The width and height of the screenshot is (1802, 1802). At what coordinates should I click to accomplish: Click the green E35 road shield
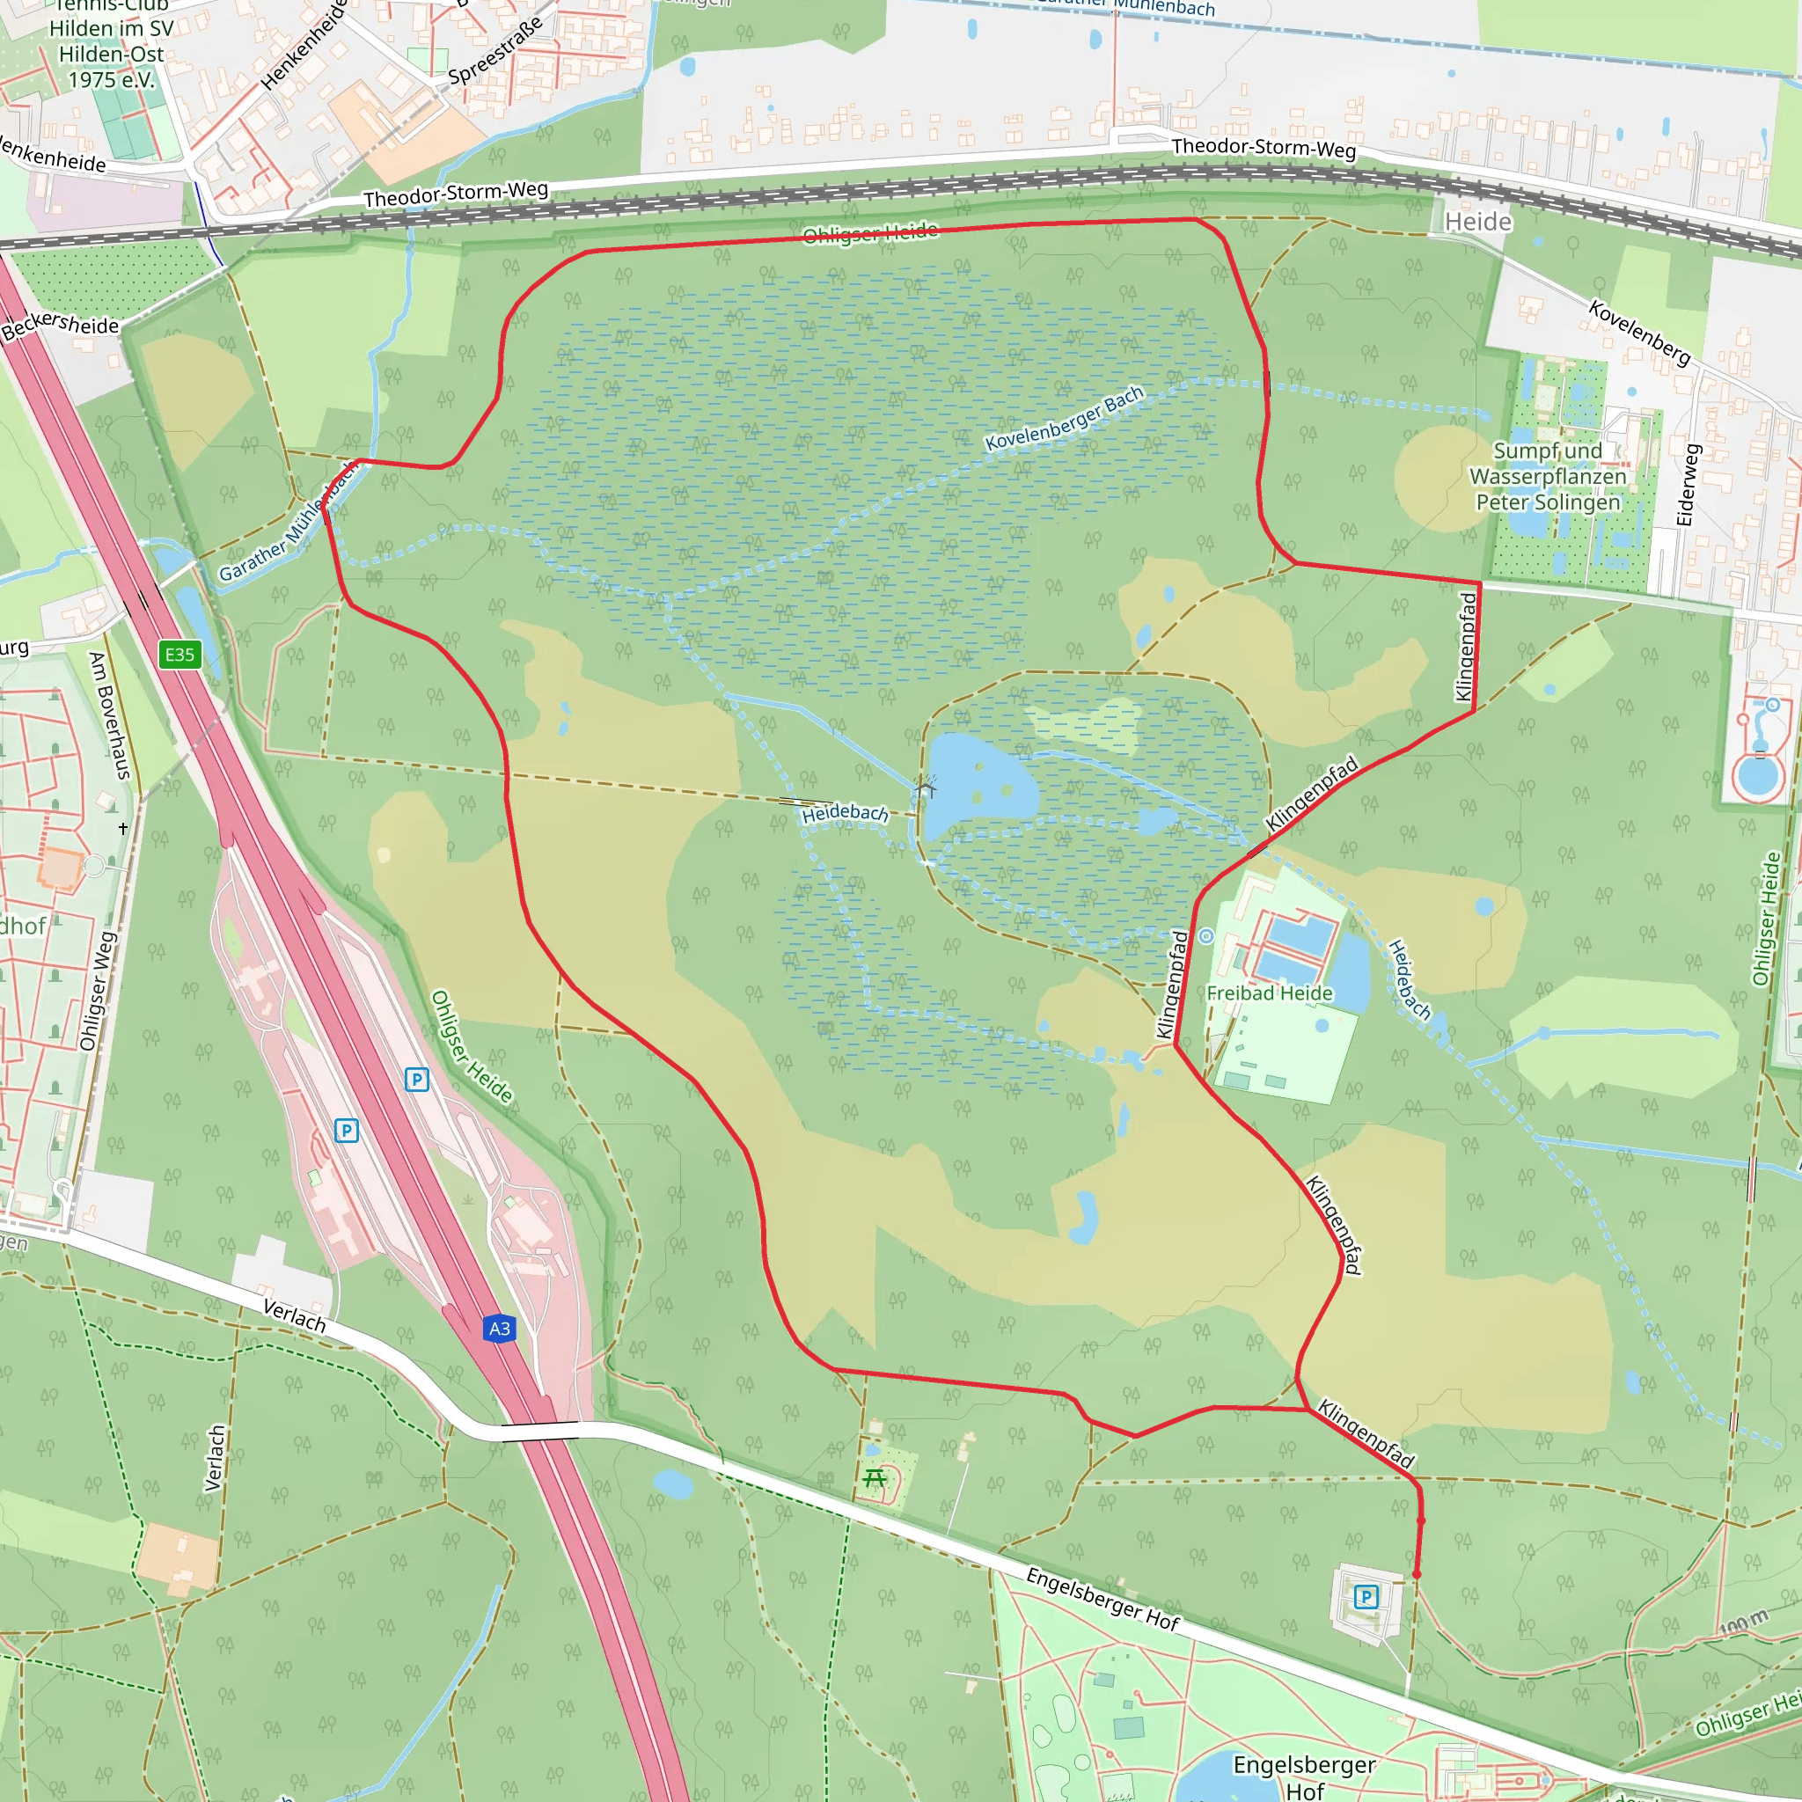coord(179,655)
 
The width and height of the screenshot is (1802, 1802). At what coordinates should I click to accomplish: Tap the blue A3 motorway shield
coord(499,1328)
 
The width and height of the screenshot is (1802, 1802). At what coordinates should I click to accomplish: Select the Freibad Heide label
coord(1270,993)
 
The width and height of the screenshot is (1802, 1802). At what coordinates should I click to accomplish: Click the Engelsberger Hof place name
coord(1304,1776)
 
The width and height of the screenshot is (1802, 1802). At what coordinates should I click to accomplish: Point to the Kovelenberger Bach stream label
coord(1065,419)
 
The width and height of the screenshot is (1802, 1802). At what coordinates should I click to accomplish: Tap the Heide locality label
coord(1477,222)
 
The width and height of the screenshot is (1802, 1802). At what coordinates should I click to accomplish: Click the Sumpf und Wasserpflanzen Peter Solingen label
coord(1548,477)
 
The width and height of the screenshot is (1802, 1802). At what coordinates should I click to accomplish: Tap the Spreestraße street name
coord(495,50)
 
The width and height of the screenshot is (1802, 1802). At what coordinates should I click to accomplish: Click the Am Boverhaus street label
coord(110,715)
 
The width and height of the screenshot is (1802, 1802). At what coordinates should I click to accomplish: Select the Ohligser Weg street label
coord(97,992)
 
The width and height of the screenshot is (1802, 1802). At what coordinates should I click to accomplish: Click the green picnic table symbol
coord(875,1478)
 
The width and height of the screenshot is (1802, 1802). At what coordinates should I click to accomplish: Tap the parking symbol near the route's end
coord(1366,1597)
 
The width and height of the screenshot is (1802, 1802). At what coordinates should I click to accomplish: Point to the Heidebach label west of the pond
coord(845,812)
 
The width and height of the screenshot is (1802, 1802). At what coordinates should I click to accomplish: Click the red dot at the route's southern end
coord(1417,1573)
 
